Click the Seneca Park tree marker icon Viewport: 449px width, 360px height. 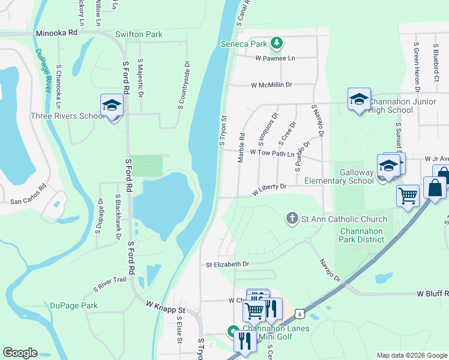(276, 43)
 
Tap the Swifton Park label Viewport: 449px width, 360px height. (139, 35)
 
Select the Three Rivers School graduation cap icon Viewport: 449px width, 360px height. (112, 106)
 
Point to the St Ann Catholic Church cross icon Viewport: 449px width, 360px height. (292, 218)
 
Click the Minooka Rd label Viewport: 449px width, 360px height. (56, 34)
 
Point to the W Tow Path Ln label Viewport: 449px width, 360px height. (274, 154)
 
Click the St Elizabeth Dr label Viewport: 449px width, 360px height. (227, 264)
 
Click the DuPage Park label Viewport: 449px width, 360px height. (74, 305)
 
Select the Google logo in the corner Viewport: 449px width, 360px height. (20, 353)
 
